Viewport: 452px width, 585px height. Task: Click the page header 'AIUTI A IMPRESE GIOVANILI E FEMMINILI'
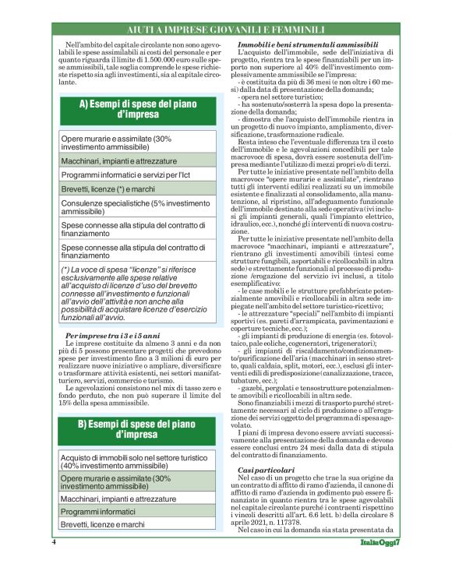226,30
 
